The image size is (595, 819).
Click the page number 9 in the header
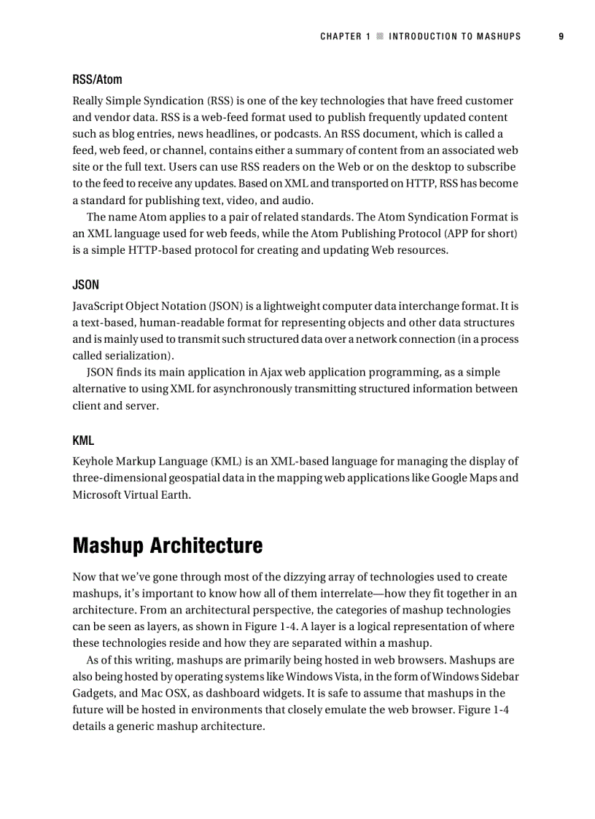coord(561,36)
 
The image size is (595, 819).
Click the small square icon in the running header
coord(379,36)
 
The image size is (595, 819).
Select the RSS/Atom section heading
coord(97,79)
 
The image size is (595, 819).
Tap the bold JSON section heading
coord(85,284)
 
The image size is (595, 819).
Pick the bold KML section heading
coord(83,440)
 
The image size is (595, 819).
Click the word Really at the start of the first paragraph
coord(89,101)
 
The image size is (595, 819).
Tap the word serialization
coord(140,356)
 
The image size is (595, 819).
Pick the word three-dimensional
coord(120,478)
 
